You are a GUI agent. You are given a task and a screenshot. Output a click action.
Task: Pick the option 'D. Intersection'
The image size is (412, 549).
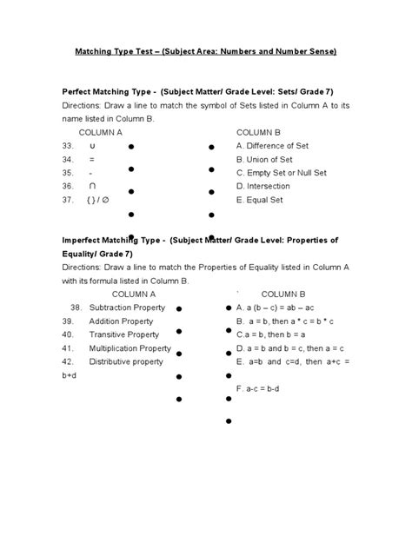pyautogui.click(x=263, y=186)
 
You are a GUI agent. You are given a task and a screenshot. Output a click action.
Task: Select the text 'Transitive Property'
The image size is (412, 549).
pyautogui.click(x=124, y=334)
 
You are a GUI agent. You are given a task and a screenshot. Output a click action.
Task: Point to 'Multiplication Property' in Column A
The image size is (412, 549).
pyautogui.click(x=130, y=347)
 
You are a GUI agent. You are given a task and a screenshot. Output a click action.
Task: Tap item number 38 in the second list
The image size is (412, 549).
pyautogui.click(x=76, y=308)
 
